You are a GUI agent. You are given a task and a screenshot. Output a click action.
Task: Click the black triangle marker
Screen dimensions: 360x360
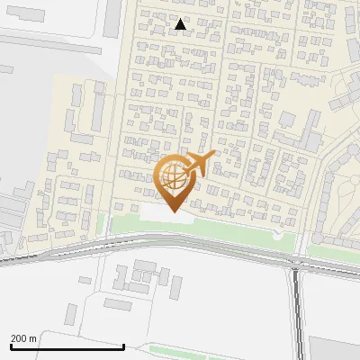pyautogui.click(x=182, y=25)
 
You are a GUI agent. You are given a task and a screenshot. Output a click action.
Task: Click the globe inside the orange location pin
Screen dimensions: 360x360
pyautogui.click(x=172, y=176)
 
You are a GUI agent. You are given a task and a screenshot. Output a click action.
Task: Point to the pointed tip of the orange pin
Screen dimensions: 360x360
pyautogui.click(x=173, y=211)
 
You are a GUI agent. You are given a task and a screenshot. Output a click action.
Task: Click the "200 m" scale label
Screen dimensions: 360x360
pyautogui.click(x=24, y=337)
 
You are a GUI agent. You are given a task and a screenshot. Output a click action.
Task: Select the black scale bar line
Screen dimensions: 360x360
pyautogui.click(x=67, y=346)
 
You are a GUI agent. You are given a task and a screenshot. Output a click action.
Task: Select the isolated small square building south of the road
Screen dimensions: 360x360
pyautogui.click(x=72, y=314)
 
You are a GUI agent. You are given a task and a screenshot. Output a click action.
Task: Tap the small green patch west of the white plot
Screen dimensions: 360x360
pyautogui.click(x=102, y=225)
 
